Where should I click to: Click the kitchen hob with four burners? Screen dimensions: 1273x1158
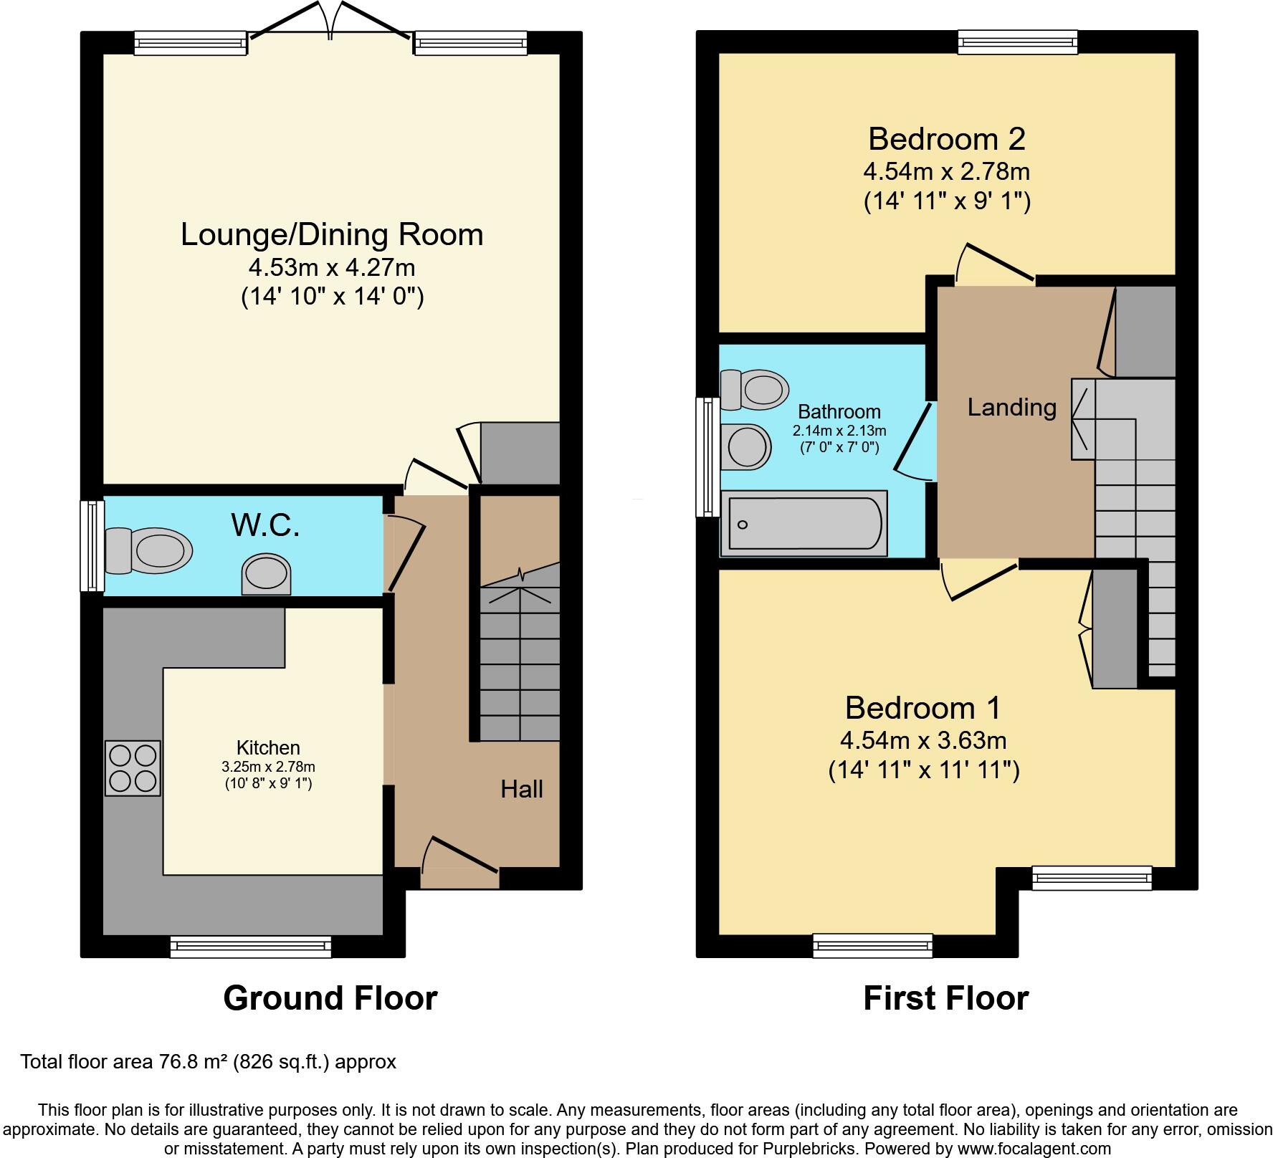click(x=133, y=768)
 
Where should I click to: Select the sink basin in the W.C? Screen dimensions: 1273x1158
click(x=267, y=574)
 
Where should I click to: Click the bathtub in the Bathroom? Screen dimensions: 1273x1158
click(x=804, y=523)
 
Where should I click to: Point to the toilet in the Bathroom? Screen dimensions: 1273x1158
click(x=755, y=390)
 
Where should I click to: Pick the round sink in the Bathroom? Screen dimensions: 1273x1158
click(x=746, y=447)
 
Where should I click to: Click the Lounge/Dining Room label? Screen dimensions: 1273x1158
click(x=332, y=234)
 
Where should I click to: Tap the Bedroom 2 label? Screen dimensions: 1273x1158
click(x=947, y=138)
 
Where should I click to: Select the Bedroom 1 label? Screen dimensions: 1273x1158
click(x=923, y=707)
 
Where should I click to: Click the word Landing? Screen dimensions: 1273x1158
click(x=1011, y=408)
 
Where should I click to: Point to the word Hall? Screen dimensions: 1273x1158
click(x=521, y=789)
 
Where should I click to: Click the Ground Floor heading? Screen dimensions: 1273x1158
click(x=330, y=998)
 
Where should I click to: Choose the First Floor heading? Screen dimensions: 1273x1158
click(x=945, y=998)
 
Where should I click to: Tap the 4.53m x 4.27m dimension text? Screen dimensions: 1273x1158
click(x=332, y=267)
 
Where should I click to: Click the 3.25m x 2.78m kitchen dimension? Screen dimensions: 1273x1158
click(x=268, y=767)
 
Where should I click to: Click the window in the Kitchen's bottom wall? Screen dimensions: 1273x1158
click(x=251, y=947)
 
